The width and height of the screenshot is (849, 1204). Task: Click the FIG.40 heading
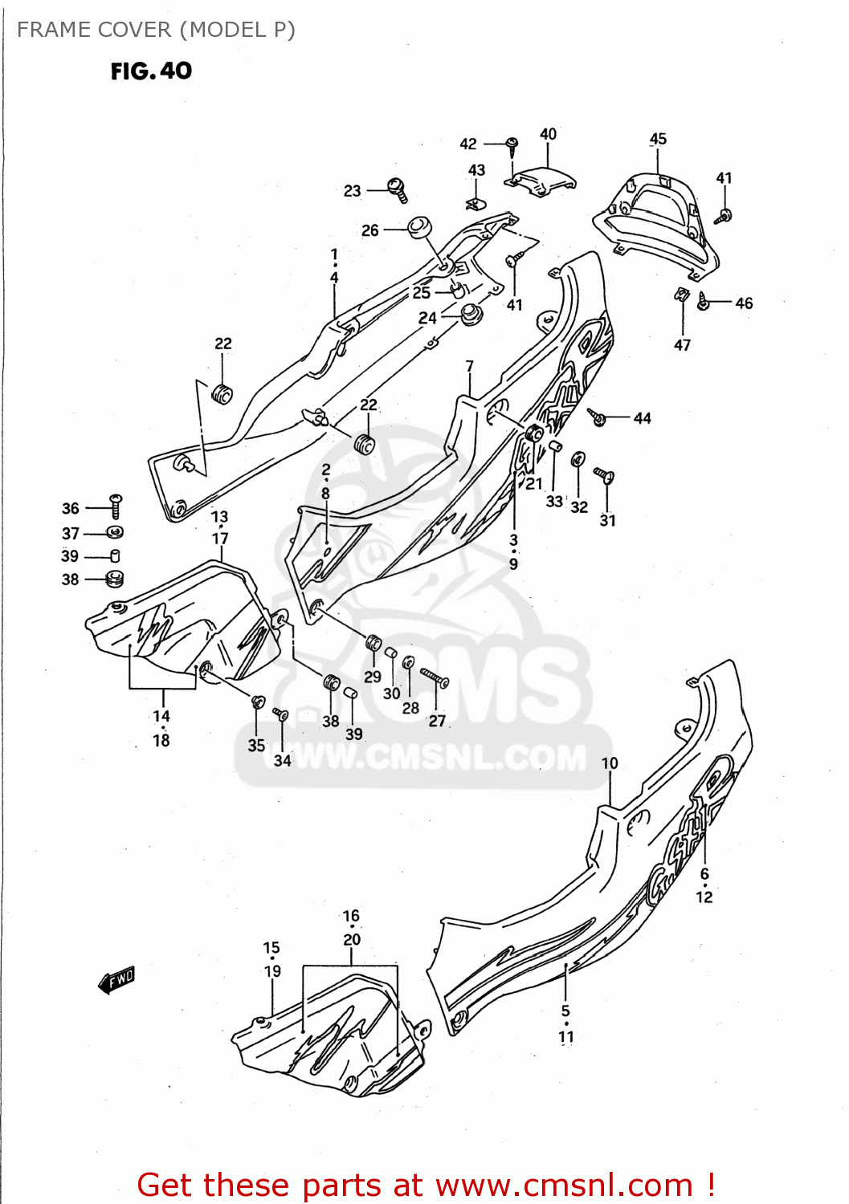pos(151,71)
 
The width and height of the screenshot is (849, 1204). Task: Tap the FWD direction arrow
pos(116,979)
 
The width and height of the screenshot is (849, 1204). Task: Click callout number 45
pos(658,139)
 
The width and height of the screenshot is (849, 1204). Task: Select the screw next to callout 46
pos(704,303)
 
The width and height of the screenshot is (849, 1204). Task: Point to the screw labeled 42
pos(512,145)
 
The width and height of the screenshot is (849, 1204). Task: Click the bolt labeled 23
pos(398,189)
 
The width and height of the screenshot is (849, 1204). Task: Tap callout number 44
pos(642,418)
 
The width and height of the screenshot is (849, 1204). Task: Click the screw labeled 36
pos(116,506)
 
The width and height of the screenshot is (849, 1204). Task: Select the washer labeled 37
pos(115,532)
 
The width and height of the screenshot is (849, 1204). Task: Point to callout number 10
pos(610,763)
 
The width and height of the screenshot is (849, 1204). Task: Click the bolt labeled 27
pos(435,678)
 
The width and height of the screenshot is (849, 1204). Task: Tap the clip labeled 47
pos(682,295)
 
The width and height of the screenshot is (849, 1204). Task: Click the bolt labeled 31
pos(604,476)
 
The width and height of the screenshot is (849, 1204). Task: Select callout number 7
pos(470,367)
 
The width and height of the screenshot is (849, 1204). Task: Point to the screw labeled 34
pos(280,713)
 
